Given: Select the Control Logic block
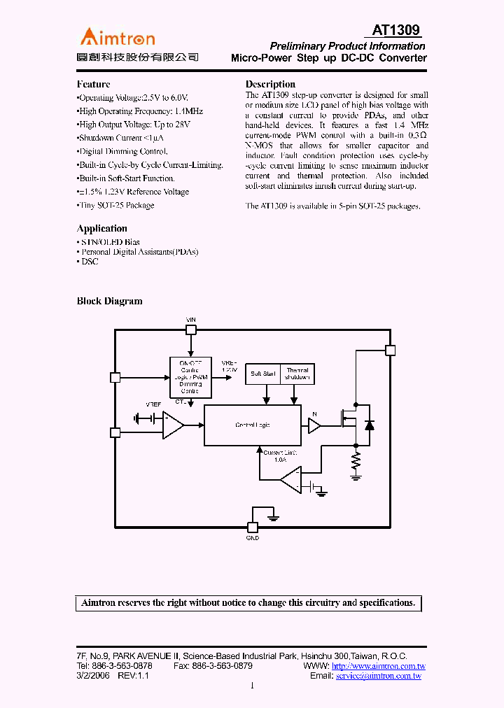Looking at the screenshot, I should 252,425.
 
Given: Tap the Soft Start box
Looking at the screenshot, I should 263,374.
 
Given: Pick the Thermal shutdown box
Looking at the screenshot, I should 297,374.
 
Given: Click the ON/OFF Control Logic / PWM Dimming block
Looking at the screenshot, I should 190,377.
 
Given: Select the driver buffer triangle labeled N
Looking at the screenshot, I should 314,425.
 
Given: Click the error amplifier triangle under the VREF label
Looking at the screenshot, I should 172,425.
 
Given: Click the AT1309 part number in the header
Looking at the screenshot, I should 395,30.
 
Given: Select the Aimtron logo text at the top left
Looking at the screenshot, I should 118,37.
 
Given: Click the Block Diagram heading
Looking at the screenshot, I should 109,302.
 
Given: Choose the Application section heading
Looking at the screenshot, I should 102,229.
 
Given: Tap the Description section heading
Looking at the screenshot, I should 270,84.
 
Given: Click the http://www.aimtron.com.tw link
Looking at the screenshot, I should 379,667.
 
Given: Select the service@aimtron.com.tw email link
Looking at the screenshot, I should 379,677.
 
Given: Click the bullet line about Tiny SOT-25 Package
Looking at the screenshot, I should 116,206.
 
